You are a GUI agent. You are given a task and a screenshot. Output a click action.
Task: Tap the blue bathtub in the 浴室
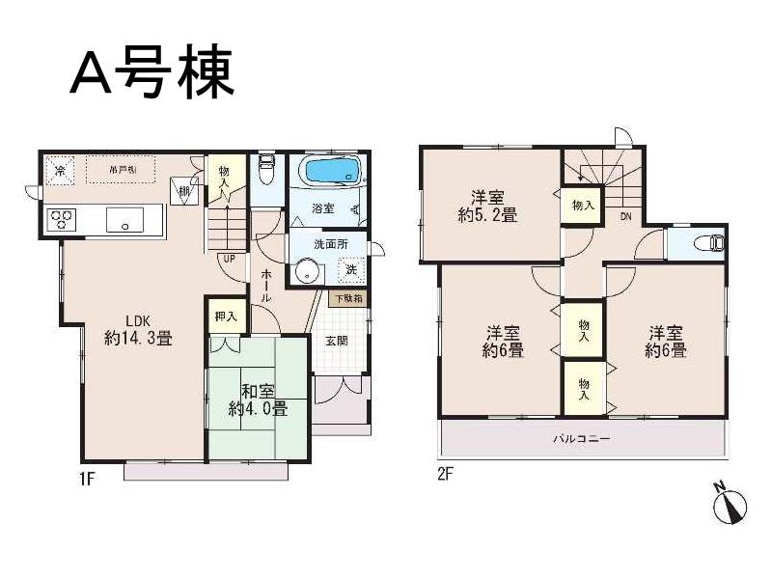coord(331,172)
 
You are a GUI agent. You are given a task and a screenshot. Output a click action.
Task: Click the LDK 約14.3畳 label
coord(138,330)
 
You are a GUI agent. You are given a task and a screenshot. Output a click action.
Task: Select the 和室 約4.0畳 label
coord(258,400)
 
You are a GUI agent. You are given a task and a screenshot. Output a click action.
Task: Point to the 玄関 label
coord(337,341)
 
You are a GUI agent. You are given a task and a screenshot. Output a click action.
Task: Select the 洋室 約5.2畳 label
coord(487,206)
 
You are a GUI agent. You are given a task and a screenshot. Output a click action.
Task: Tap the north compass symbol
coord(731,505)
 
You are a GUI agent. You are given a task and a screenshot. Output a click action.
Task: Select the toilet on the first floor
coord(267,172)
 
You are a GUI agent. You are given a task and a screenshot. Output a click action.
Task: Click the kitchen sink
coord(124,219)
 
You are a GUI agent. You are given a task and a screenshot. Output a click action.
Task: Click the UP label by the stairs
coord(229,259)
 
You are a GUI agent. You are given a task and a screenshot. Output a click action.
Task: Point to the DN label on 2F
coord(625,216)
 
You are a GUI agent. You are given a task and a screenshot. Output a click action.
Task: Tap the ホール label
coord(266,286)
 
